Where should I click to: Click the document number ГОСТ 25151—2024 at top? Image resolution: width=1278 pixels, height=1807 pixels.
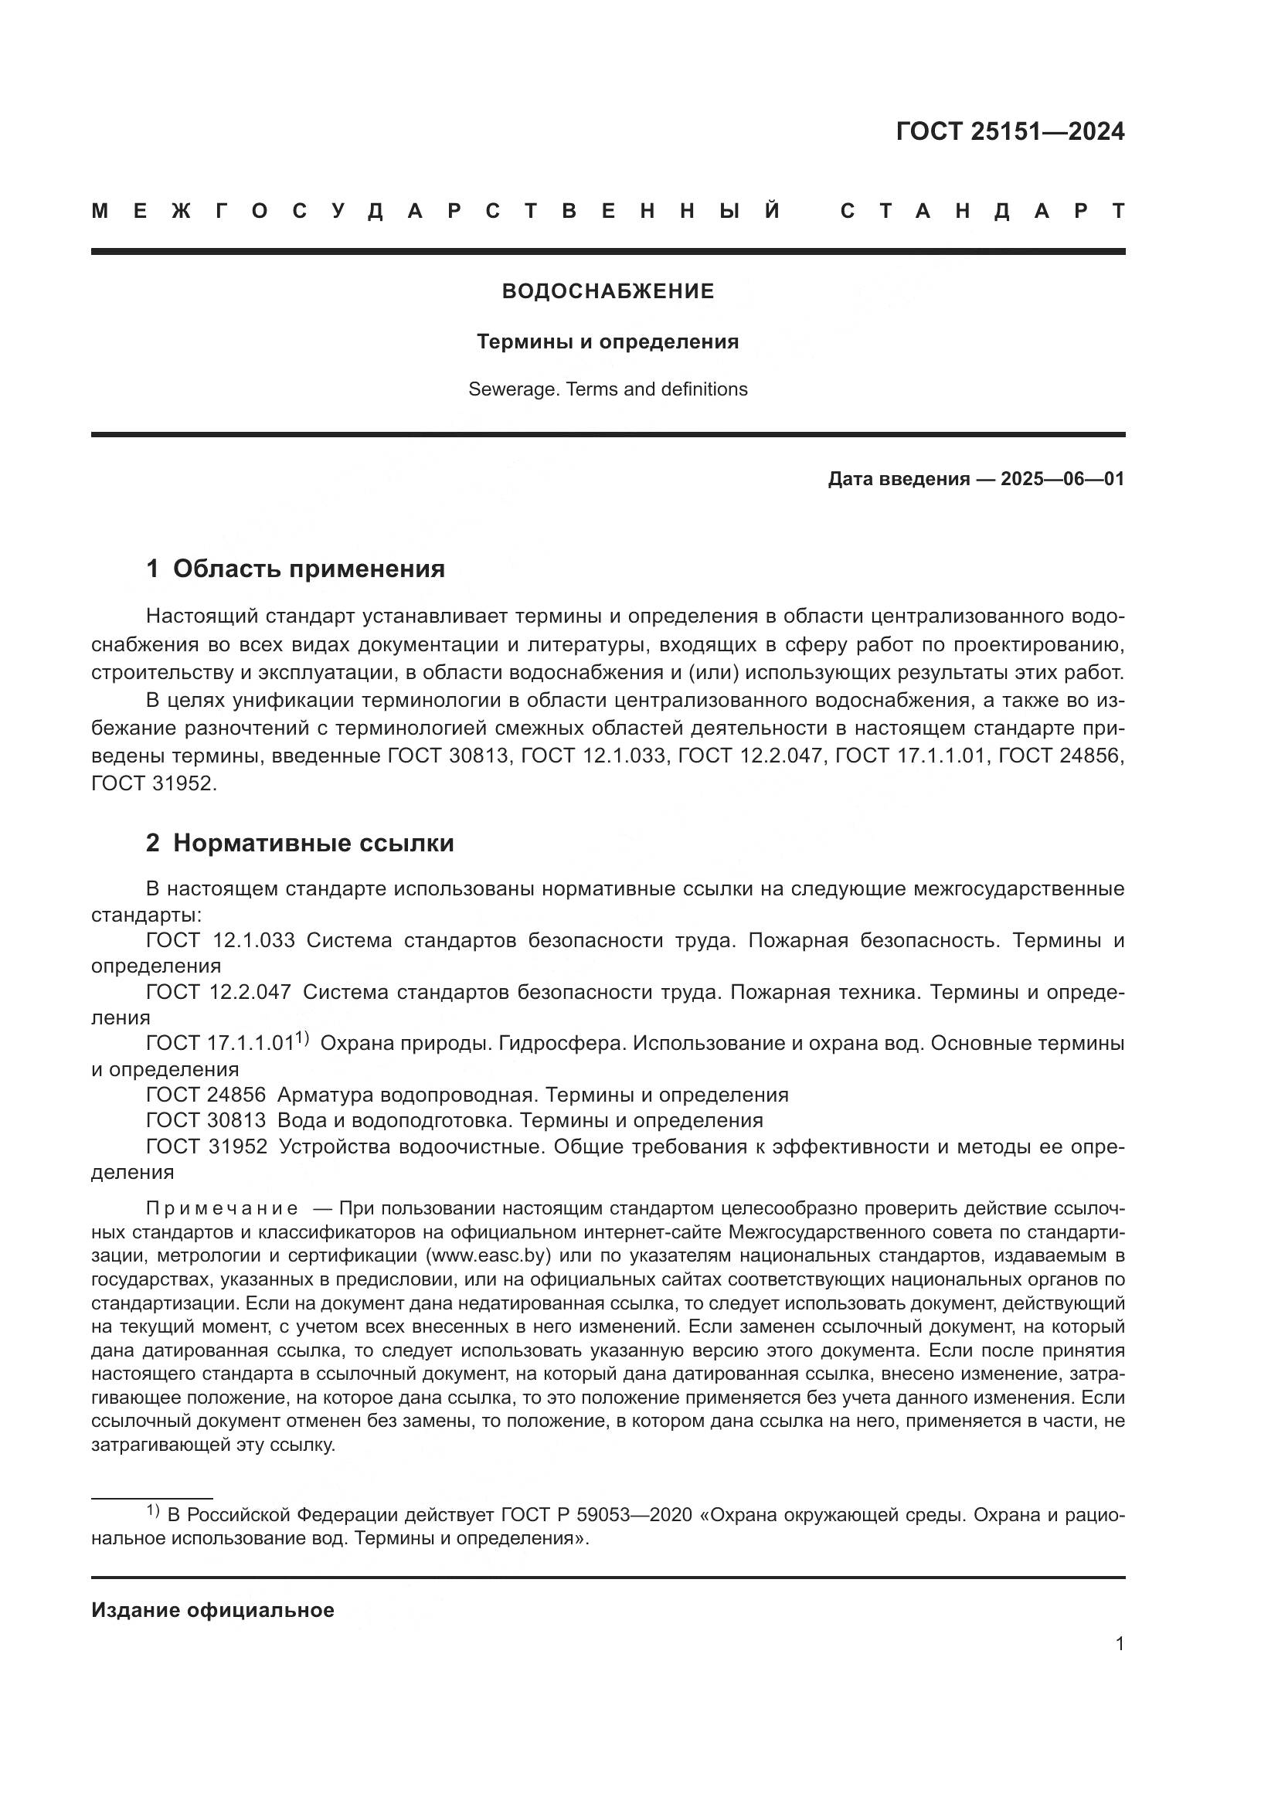pos(1010,131)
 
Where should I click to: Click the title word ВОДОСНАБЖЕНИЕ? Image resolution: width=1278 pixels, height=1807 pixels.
pos(607,292)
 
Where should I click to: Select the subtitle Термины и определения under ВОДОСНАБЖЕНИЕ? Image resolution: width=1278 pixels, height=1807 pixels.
pos(607,341)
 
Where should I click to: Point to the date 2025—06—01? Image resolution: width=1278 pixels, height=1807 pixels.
pos(1062,479)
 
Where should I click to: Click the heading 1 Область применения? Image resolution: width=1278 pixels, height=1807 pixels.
pos(295,569)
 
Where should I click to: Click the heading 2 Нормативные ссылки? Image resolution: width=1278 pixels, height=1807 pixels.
pos(300,843)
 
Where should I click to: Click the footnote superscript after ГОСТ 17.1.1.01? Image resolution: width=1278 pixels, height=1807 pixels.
pos(302,1039)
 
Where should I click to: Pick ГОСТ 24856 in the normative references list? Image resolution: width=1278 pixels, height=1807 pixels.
pos(206,1095)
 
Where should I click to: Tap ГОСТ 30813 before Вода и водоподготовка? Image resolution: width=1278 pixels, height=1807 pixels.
pos(206,1120)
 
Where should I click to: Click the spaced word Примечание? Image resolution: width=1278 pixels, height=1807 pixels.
pos(222,1209)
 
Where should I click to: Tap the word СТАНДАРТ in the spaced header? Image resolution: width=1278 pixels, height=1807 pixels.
pos(982,211)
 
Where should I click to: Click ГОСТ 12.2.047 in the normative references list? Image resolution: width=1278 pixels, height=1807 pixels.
pos(219,993)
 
